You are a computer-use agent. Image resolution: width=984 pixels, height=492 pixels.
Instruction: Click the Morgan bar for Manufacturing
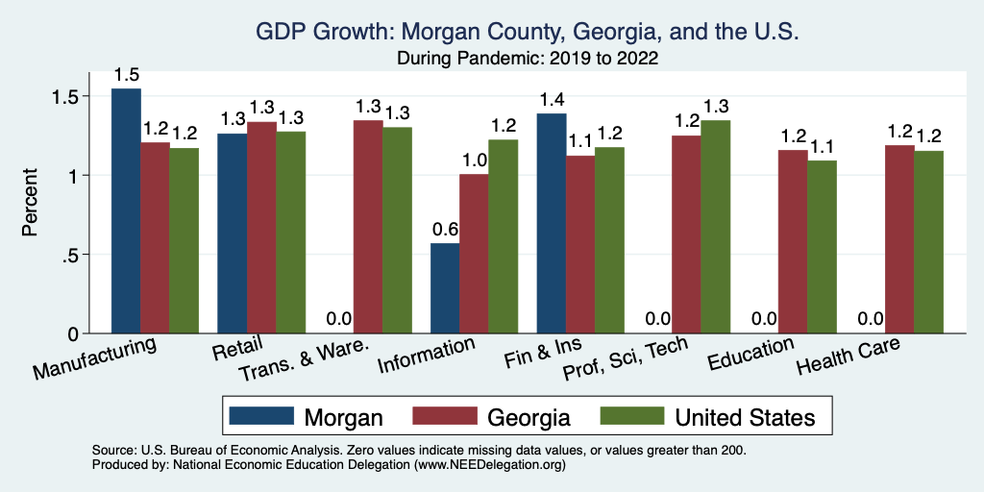[x=126, y=210]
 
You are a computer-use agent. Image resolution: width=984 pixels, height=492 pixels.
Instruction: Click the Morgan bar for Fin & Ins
[x=551, y=223]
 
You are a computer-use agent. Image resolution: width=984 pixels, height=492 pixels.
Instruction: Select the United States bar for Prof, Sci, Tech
[x=715, y=227]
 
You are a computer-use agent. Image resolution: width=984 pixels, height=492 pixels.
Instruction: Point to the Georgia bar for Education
[x=792, y=241]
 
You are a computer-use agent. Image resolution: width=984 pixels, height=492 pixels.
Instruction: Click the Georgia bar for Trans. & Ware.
[x=368, y=227]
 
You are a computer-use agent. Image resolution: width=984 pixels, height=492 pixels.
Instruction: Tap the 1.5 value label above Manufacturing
[x=126, y=75]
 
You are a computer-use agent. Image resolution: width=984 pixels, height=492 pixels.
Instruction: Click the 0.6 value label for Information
[x=444, y=231]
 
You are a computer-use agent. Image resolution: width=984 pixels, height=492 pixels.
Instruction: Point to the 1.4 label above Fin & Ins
[x=551, y=100]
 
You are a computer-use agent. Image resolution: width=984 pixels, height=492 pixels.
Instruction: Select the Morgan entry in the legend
[x=307, y=416]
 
